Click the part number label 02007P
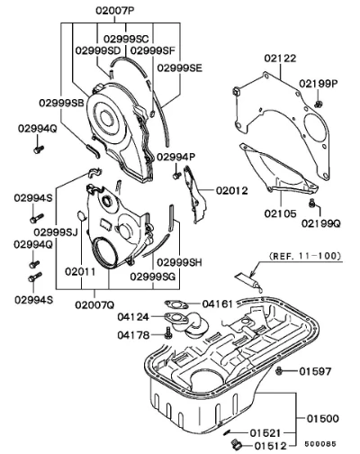pos(115,11)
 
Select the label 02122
pos(280,58)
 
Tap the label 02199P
pos(318,84)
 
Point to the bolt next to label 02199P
pos(319,104)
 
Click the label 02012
pos(232,190)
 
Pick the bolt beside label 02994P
pos(176,175)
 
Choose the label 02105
pos(280,213)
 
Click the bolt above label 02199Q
pos(312,203)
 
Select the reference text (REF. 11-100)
pos(305,256)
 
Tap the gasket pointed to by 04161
pos(176,305)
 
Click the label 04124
pos(133,317)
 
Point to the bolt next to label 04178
pos(167,332)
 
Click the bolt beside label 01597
pos(279,371)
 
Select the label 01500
pos(322,418)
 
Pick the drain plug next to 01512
pos(236,444)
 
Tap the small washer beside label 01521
pos(228,432)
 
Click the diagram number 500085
pos(320,444)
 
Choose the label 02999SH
pos(179,262)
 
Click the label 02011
pos(80,272)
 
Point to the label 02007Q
pos(94,305)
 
